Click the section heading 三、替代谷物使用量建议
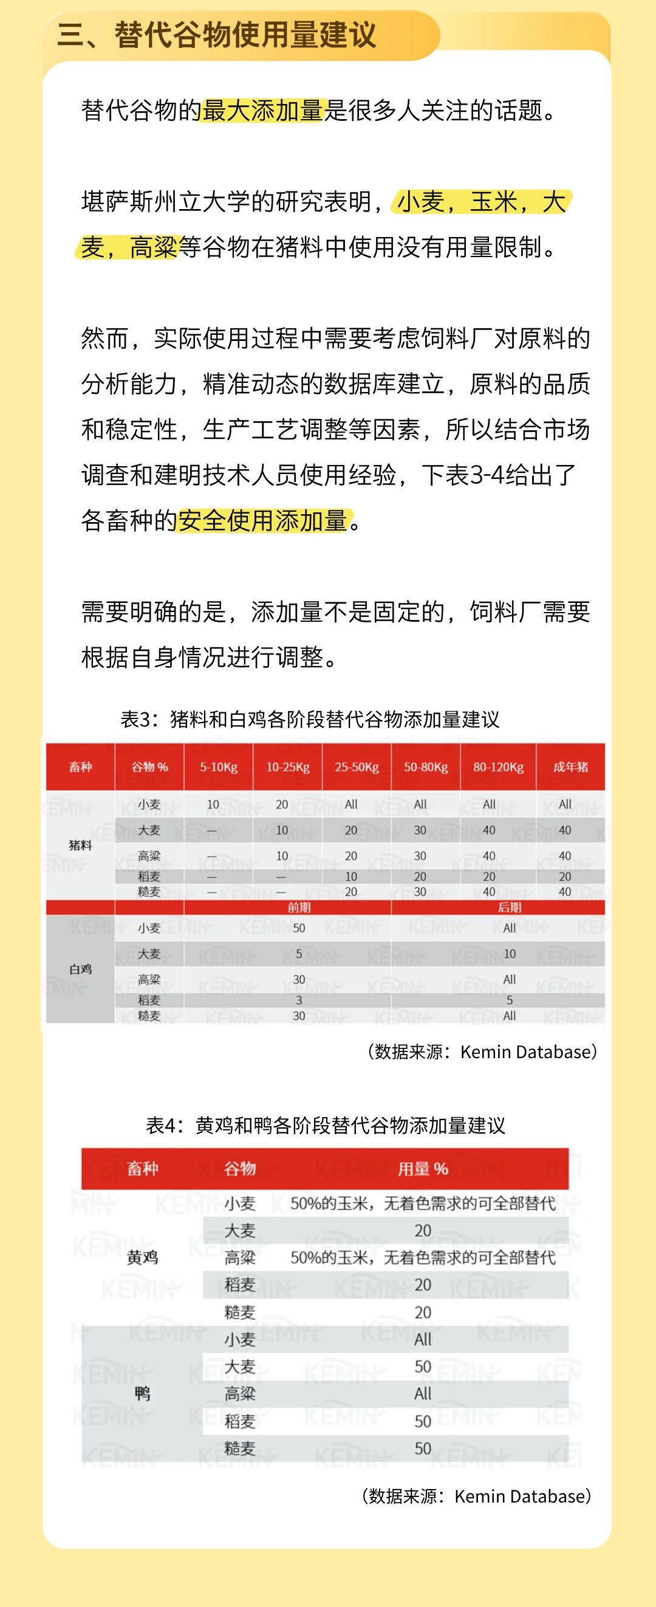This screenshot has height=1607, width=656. point(217,34)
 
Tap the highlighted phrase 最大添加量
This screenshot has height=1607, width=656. point(262,111)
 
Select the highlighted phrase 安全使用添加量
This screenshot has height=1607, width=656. point(262,520)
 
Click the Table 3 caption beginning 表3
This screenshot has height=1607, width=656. point(310,719)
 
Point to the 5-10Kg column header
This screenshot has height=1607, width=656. point(218,766)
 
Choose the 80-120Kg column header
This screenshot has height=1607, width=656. point(497,766)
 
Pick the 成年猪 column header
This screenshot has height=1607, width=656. point(570,766)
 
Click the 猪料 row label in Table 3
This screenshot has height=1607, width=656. point(80,845)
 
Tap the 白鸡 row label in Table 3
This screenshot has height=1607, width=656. point(80,969)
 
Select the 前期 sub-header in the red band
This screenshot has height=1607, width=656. point(299,907)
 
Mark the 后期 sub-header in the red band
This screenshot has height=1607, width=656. point(509,907)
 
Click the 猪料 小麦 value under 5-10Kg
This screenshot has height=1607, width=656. point(213,804)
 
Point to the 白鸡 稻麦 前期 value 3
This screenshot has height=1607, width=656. point(299,1000)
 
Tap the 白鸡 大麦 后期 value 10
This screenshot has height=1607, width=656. point(509,954)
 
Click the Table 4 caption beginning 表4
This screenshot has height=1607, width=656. point(326,1125)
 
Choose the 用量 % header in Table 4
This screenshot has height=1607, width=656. point(423,1168)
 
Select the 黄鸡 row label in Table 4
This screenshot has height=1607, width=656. point(142,1257)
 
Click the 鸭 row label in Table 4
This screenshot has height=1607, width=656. point(142,1394)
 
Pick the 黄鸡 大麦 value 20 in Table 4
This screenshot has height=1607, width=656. point(423,1230)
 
